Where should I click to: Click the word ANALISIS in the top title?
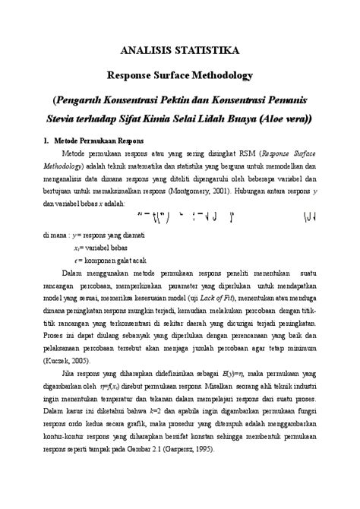coord(150,50)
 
